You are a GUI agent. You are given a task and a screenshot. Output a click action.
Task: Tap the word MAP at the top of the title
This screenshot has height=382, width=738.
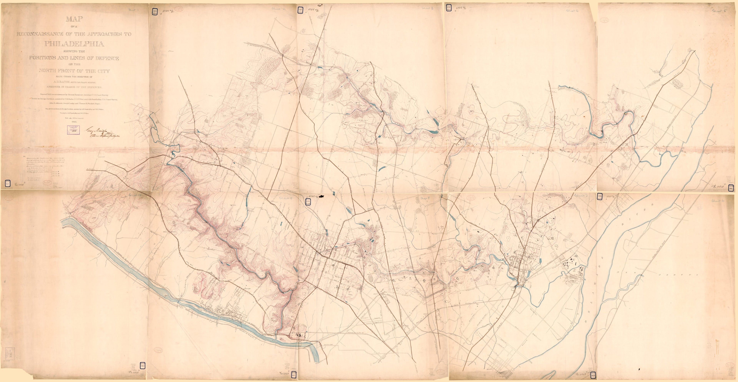pos(74,19)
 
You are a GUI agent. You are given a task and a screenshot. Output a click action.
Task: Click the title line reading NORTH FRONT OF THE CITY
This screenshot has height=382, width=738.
pos(74,71)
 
